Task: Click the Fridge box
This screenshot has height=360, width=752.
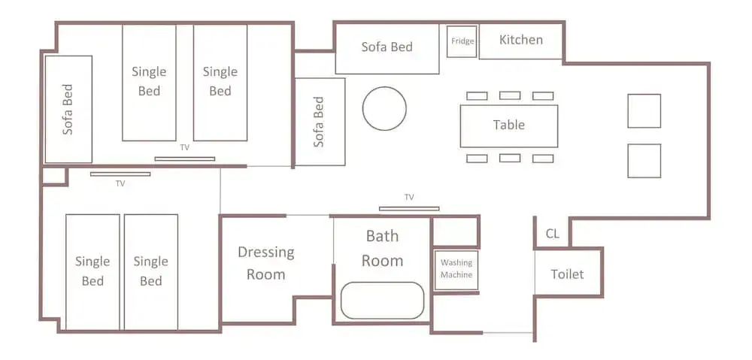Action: (462, 41)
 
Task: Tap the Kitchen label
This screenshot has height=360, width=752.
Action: (521, 40)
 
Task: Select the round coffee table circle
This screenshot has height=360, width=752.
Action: (384, 108)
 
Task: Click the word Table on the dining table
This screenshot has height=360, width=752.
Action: (509, 125)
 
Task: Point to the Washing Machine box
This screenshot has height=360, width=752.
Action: (456, 271)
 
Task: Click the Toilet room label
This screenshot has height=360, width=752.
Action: (567, 274)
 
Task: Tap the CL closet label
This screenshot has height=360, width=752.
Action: (552, 234)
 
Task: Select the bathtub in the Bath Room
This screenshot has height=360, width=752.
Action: (382, 301)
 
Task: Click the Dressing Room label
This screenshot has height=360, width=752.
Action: (265, 263)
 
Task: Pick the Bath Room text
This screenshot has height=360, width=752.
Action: (382, 248)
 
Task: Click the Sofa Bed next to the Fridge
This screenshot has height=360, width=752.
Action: (387, 49)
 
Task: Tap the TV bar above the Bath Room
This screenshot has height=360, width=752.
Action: (409, 208)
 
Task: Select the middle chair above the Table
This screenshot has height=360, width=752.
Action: (510, 95)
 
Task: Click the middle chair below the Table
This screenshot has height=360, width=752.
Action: (510, 158)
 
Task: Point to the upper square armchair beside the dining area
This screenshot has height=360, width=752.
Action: (644, 110)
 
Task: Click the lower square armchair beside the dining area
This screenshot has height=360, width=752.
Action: (644, 161)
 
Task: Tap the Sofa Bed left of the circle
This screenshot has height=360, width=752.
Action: (320, 122)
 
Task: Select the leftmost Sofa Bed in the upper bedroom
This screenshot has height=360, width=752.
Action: (68, 109)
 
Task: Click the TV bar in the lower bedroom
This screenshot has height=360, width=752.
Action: (120, 174)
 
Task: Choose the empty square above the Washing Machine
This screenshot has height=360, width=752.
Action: (456, 232)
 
